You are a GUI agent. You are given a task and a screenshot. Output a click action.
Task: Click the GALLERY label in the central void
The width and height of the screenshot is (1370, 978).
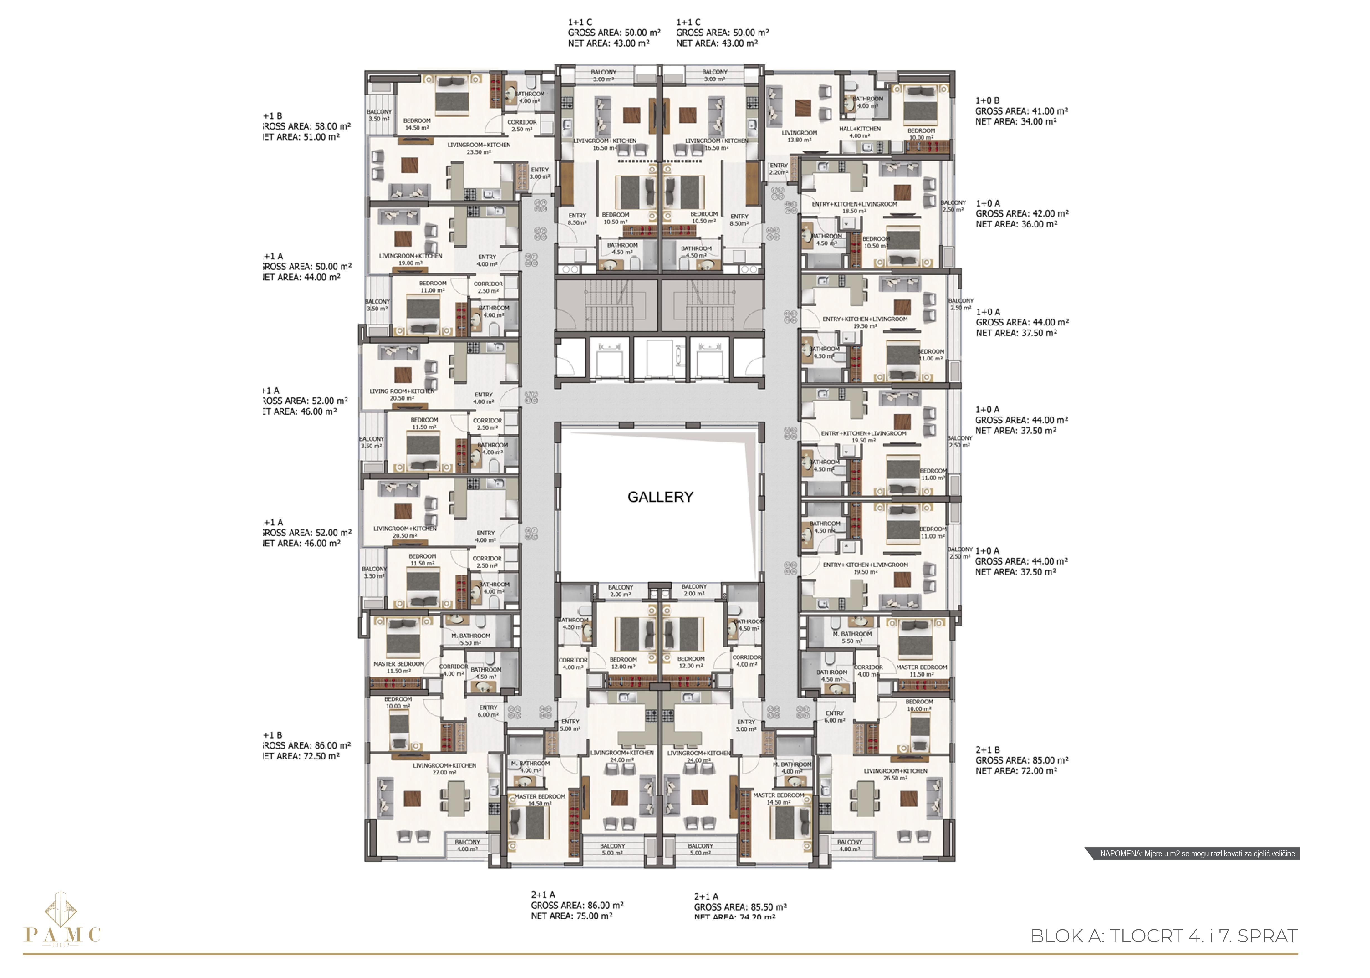click(660, 497)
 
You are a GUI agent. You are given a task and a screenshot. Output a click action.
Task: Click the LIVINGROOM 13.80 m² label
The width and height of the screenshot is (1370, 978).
click(799, 136)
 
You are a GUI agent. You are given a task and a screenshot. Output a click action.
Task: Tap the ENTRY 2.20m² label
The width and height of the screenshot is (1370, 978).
click(779, 169)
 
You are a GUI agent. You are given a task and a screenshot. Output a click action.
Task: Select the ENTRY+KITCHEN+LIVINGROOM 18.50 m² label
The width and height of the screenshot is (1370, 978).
click(854, 207)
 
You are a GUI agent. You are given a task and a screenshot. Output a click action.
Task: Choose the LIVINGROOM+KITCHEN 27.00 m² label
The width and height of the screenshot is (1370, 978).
click(444, 768)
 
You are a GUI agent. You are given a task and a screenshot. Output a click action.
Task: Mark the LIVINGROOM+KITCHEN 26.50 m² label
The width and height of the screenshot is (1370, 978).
click(895, 774)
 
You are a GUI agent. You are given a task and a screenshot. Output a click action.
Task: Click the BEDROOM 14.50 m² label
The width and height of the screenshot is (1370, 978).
click(417, 124)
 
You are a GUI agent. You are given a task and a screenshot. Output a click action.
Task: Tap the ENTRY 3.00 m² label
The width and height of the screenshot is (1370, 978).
click(539, 173)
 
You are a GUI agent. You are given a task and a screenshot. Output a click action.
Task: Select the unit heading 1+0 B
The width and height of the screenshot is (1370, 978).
click(987, 101)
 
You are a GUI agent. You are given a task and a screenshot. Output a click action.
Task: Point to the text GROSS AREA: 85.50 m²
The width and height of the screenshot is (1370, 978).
click(740, 906)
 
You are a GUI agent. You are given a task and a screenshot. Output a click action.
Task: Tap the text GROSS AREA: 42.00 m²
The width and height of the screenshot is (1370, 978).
click(1022, 214)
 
